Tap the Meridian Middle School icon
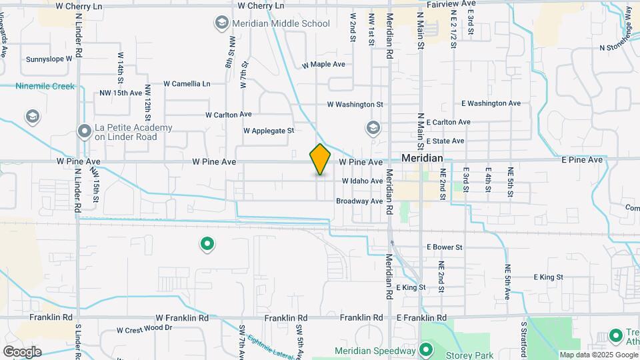click(221, 24)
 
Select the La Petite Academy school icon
click(84, 131)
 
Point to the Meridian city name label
click(422, 159)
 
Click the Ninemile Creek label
click(45, 86)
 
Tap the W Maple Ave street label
click(323, 65)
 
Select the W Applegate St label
click(269, 131)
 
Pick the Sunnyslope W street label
click(49, 59)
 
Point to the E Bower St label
click(444, 247)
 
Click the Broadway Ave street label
click(359, 201)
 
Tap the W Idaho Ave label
click(363, 181)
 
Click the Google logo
click(21, 352)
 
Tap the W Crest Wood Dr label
click(145, 329)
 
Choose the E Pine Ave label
click(581, 160)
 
